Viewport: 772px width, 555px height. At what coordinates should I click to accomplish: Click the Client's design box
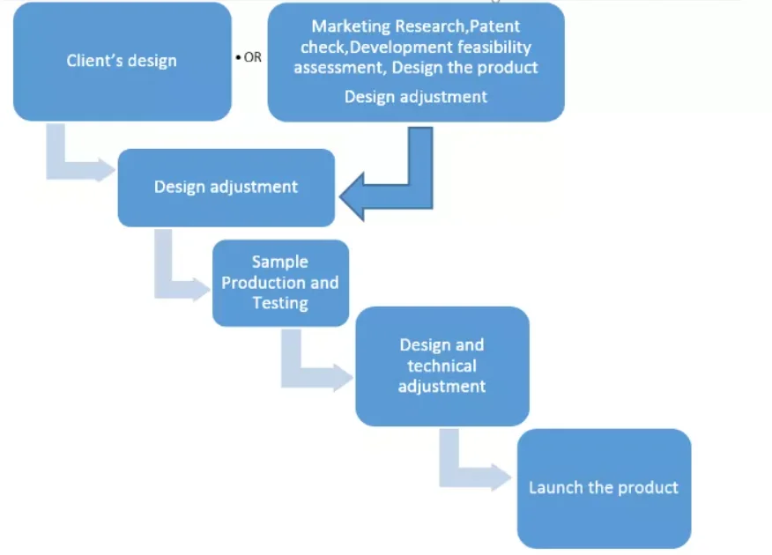coord(122,62)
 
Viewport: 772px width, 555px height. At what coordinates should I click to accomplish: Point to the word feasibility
coord(496,47)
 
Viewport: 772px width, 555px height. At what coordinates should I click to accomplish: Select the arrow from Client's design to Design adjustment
coord(75,159)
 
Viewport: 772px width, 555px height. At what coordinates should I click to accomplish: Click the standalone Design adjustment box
coord(226,187)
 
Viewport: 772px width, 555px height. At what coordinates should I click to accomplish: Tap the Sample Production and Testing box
coord(280,283)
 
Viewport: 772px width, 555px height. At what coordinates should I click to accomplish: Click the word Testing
coord(280,303)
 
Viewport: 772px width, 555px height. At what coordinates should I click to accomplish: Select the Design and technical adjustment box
coord(442,366)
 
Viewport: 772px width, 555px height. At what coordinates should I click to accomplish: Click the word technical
coord(442,366)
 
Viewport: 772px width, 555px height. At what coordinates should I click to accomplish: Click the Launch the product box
coord(604,487)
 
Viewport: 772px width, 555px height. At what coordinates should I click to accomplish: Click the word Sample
coord(280,262)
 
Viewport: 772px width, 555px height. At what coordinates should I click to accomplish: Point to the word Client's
coord(96,62)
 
